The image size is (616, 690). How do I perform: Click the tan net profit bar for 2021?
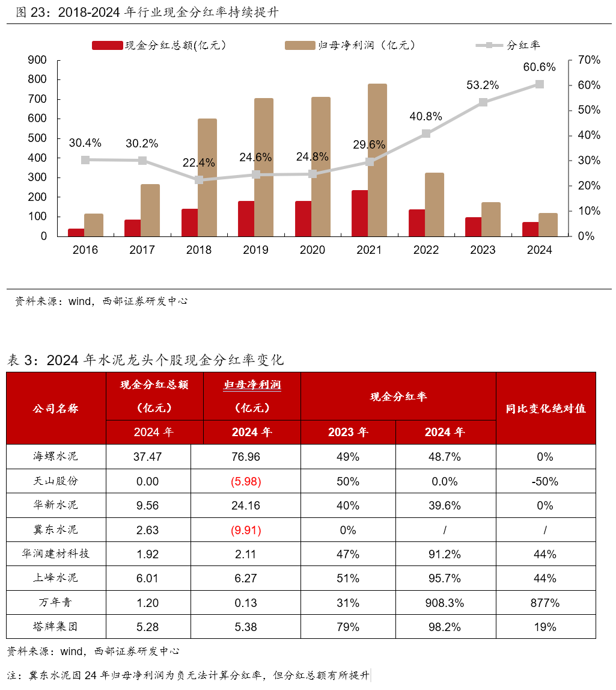click(377, 160)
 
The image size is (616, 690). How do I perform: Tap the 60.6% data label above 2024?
click(539, 67)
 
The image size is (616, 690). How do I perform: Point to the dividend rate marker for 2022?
click(426, 134)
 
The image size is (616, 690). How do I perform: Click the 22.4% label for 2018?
click(198, 162)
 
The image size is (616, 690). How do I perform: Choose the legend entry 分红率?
click(523, 45)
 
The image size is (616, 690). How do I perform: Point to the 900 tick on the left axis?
click(38, 60)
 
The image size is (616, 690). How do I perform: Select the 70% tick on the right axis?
click(588, 60)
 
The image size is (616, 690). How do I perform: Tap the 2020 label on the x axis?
click(312, 250)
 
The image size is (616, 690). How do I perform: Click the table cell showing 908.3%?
click(445, 603)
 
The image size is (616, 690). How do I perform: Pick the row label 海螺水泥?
click(55, 457)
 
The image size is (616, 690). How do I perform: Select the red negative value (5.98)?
click(245, 481)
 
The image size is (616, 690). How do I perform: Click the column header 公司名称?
click(55, 408)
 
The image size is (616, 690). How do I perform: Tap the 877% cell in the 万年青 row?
click(545, 603)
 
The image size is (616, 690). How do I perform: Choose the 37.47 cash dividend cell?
click(147, 457)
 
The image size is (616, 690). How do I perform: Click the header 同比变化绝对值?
click(545, 408)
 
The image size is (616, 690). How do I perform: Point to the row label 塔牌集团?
click(55, 627)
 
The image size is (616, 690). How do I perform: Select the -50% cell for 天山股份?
click(545, 481)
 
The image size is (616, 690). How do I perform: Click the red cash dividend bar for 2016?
click(76, 232)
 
